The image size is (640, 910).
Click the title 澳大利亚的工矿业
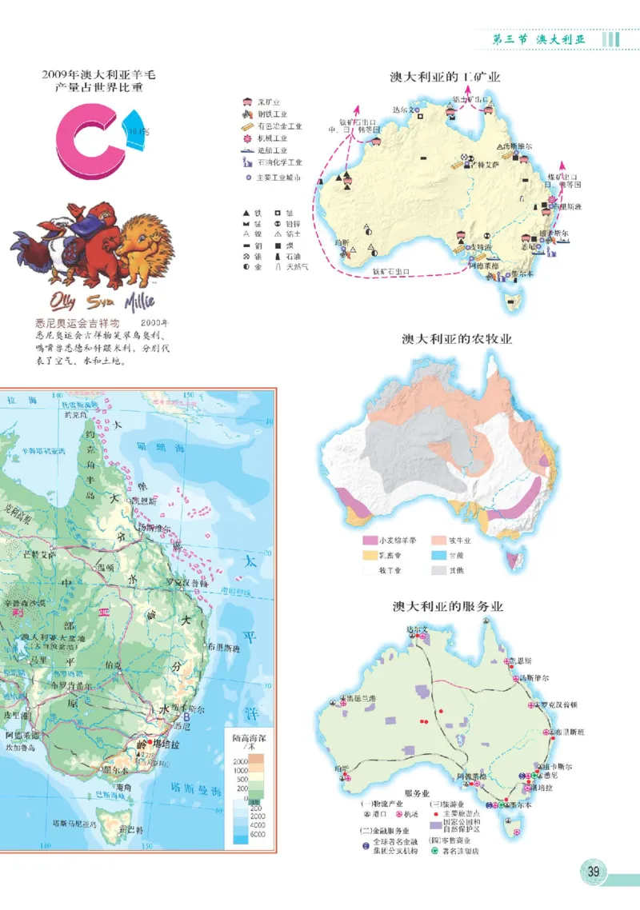click(x=445, y=78)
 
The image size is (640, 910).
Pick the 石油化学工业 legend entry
click(x=279, y=162)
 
